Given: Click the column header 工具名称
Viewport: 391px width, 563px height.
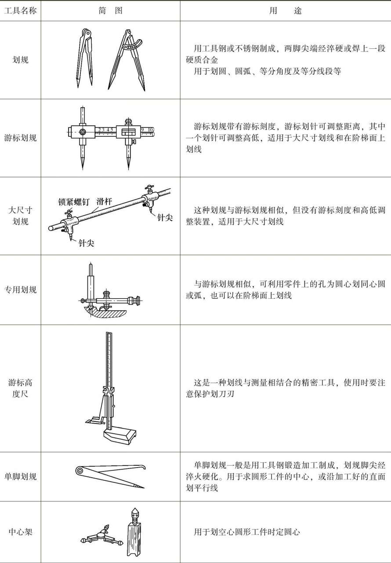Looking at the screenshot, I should coord(20,11).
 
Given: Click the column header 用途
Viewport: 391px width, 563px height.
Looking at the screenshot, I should coord(285,11).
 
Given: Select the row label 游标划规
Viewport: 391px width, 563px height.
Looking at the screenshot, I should coord(20,138).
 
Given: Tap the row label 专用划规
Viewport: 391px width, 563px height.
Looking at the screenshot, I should coord(20,290).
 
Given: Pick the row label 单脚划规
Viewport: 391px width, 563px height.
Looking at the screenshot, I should coord(20,476).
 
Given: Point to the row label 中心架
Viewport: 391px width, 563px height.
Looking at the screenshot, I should coord(20,532).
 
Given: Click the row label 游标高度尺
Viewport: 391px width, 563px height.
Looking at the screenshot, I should coord(20,388).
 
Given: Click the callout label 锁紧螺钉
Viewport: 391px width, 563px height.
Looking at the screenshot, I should coord(74,202).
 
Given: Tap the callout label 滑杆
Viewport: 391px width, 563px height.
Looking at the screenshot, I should coord(104,201).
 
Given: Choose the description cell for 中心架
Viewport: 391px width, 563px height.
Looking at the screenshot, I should coord(285,532).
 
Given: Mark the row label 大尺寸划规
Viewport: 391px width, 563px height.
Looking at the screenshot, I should coord(20,216).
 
